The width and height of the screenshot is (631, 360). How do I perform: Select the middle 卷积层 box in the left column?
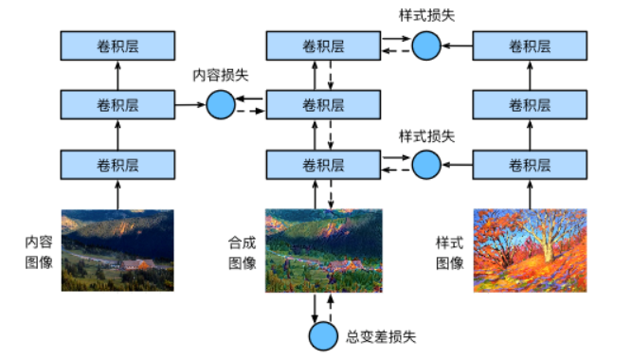point(117,104)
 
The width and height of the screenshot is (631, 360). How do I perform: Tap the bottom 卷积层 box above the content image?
point(117,165)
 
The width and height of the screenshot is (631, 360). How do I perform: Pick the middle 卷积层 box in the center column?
point(322,104)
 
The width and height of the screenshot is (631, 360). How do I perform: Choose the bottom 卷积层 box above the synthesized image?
point(322,165)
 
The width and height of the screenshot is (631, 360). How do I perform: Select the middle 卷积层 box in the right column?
point(530,104)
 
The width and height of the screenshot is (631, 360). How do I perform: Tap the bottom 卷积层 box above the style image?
point(530,165)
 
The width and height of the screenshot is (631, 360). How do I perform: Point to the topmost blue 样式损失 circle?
point(426,44)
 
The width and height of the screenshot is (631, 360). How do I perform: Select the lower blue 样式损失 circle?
point(426,165)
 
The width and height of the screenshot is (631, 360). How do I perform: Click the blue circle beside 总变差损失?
point(323,334)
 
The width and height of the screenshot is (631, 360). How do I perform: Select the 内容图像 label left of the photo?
point(38,251)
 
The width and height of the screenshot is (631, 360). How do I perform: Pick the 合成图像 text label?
point(243,251)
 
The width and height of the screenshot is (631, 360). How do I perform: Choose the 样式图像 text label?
point(449,251)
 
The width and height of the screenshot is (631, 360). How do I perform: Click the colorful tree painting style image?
point(530,250)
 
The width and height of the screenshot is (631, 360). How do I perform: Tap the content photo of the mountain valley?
point(117,250)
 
